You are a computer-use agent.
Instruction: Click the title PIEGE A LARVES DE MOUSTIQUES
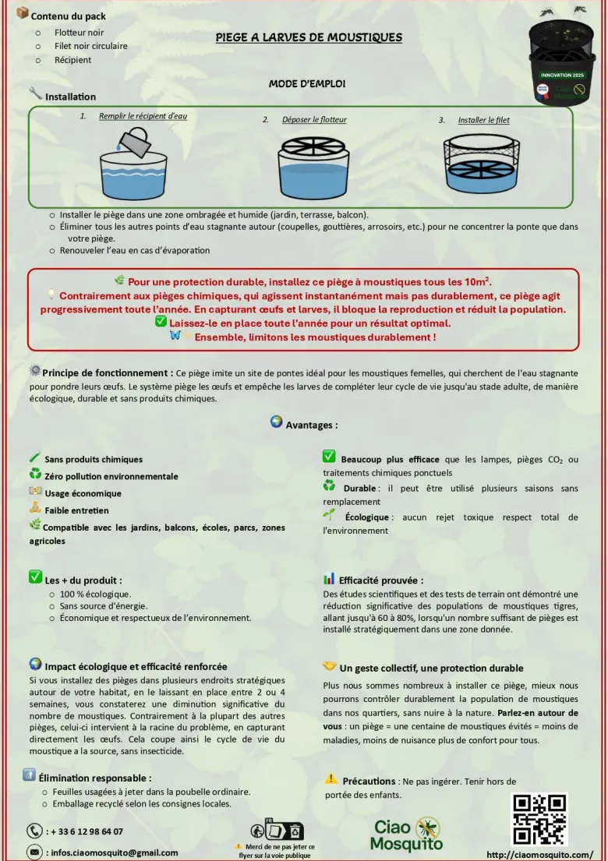(x=309, y=37)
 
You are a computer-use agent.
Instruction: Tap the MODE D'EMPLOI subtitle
(x=307, y=83)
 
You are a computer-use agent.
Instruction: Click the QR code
(x=539, y=819)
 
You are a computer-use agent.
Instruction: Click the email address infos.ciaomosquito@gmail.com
(x=115, y=852)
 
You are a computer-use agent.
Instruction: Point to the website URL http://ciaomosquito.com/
(x=540, y=855)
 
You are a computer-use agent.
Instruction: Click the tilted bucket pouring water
(x=133, y=140)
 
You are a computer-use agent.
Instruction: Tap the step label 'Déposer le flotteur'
(x=314, y=120)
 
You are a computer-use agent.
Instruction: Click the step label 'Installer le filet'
(x=484, y=120)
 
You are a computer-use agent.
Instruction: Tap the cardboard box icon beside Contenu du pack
(x=23, y=13)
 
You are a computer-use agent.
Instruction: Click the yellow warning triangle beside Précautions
(x=331, y=778)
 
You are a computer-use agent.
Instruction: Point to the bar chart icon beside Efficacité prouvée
(x=329, y=579)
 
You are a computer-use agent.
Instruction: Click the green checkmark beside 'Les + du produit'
(x=35, y=577)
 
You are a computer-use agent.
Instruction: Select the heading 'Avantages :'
(x=312, y=425)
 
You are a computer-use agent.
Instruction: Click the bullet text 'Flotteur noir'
(x=79, y=33)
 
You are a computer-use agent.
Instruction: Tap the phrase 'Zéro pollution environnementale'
(x=111, y=477)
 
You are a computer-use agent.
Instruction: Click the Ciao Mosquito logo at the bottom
(x=406, y=835)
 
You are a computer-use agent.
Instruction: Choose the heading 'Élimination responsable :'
(x=95, y=778)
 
